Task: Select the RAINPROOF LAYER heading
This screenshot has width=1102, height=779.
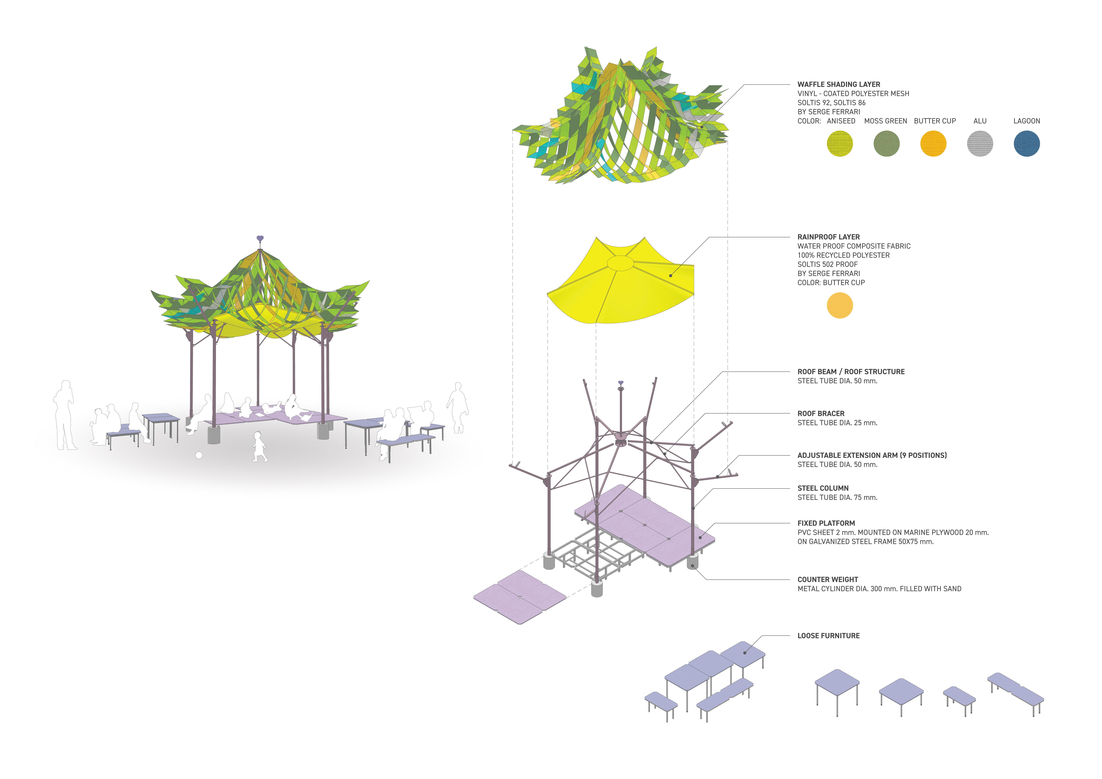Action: [828, 237]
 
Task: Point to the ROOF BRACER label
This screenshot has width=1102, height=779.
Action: [821, 413]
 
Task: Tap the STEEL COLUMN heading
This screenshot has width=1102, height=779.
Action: [823, 488]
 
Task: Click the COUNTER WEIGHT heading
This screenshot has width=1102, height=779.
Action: [827, 579]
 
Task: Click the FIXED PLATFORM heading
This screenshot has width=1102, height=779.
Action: [826, 523]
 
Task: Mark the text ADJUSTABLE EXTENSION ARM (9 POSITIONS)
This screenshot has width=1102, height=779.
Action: [872, 455]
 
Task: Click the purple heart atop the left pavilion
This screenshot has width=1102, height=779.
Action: [260, 238]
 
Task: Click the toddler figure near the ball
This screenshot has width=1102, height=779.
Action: [259, 447]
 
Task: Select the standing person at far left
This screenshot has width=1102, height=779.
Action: [65, 415]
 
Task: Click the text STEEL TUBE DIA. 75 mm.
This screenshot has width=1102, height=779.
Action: [837, 497]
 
